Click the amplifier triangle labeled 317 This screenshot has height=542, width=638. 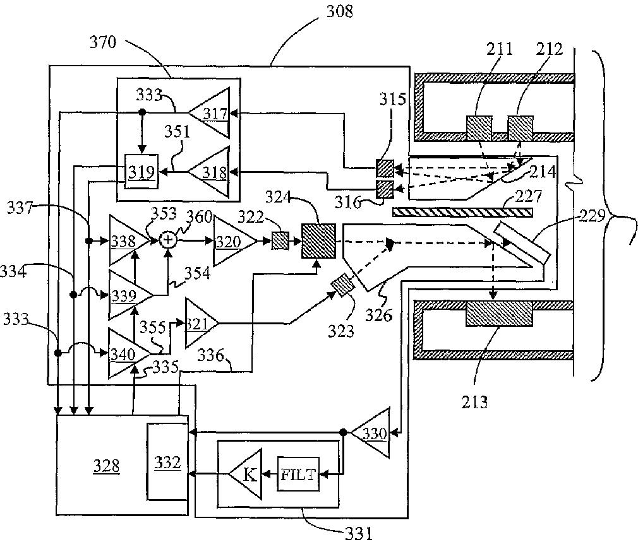[x=212, y=112]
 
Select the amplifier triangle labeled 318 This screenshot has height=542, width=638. [x=212, y=172]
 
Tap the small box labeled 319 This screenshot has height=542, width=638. [x=141, y=172]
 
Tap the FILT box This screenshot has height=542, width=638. [x=299, y=474]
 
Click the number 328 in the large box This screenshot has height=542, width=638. [x=106, y=466]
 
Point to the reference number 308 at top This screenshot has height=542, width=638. [x=339, y=11]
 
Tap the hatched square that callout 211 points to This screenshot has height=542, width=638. [x=479, y=128]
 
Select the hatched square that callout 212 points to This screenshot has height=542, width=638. [x=520, y=128]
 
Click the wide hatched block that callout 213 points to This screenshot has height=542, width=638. [x=499, y=313]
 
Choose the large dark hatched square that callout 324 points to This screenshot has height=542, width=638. [x=318, y=241]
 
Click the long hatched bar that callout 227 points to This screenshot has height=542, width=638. [x=462, y=212]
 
